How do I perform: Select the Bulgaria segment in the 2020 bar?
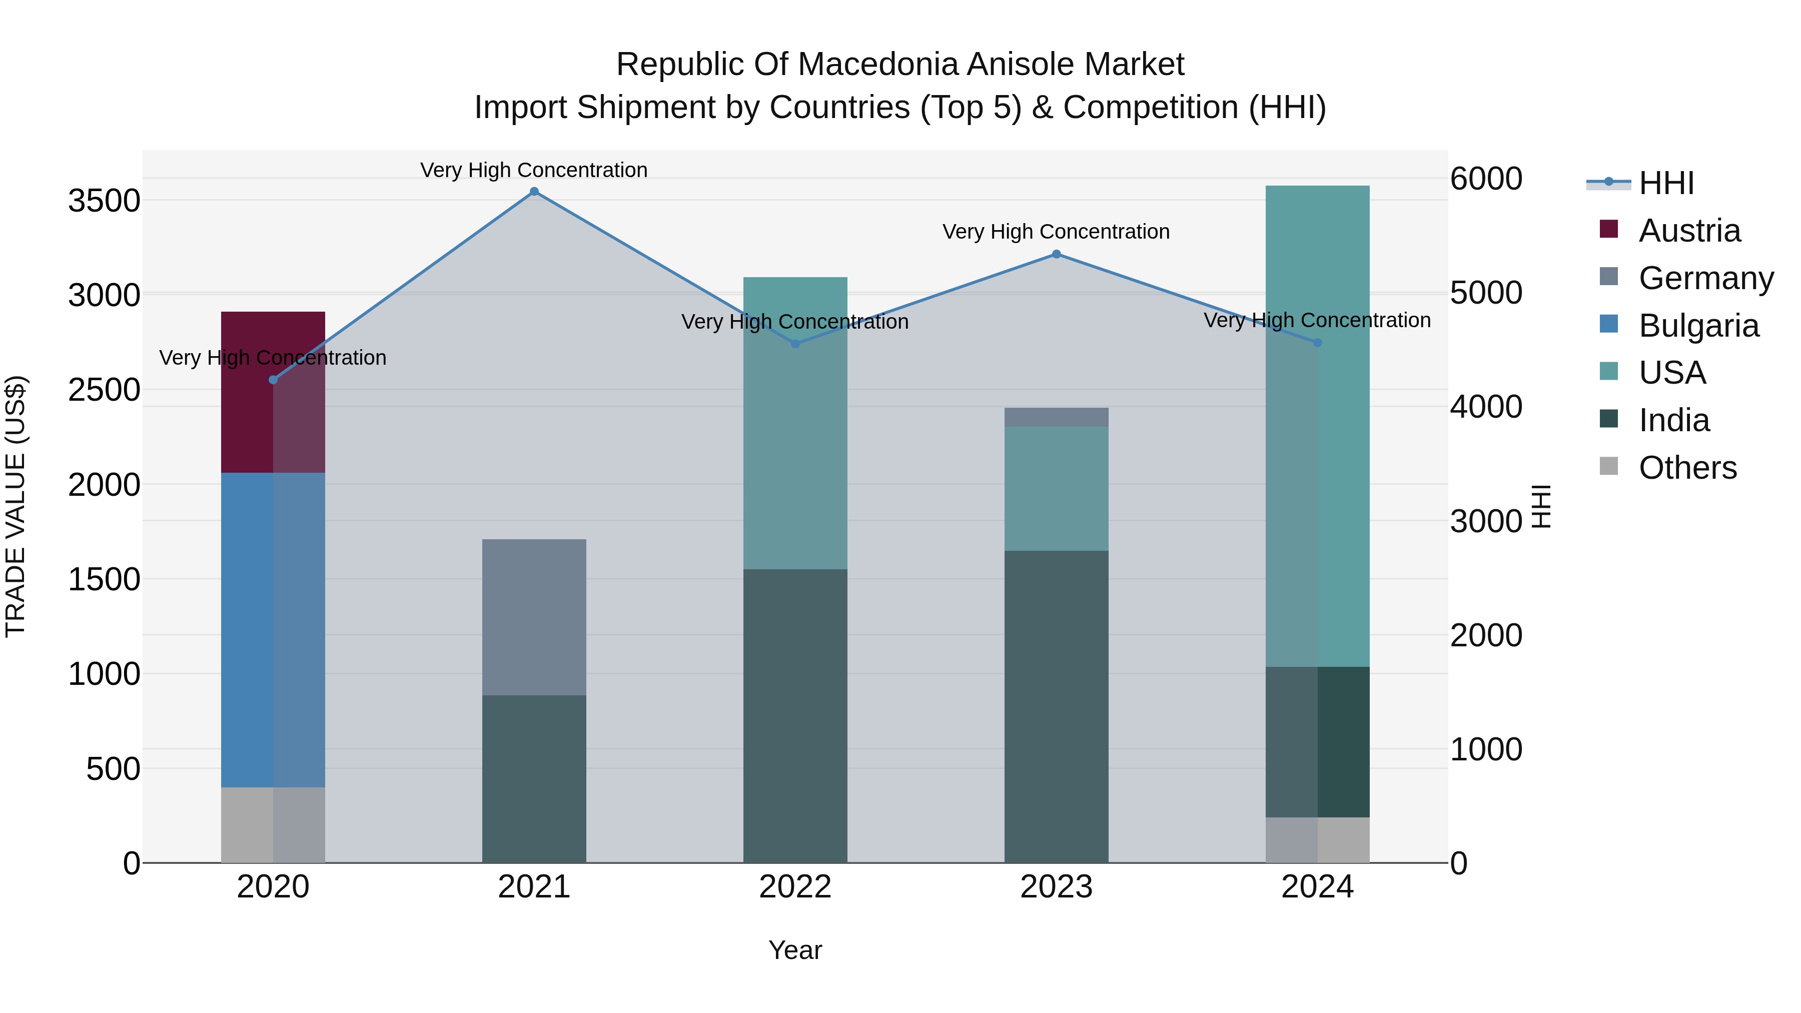[x=273, y=629]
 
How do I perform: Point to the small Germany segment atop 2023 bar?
[x=1056, y=417]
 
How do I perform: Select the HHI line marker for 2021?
[x=534, y=192]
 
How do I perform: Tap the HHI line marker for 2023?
[x=1056, y=255]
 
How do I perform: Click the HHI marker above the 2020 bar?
[x=273, y=380]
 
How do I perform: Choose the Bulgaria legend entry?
[x=1698, y=326]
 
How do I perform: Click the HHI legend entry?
[x=1666, y=183]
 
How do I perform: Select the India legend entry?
[x=1674, y=421]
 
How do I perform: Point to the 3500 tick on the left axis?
[x=104, y=201]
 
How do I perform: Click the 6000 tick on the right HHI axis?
[x=1486, y=179]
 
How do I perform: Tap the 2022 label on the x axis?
[x=795, y=887]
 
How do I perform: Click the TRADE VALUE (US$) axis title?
[x=16, y=507]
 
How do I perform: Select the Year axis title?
[x=795, y=950]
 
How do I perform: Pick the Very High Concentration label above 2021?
[x=534, y=170]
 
